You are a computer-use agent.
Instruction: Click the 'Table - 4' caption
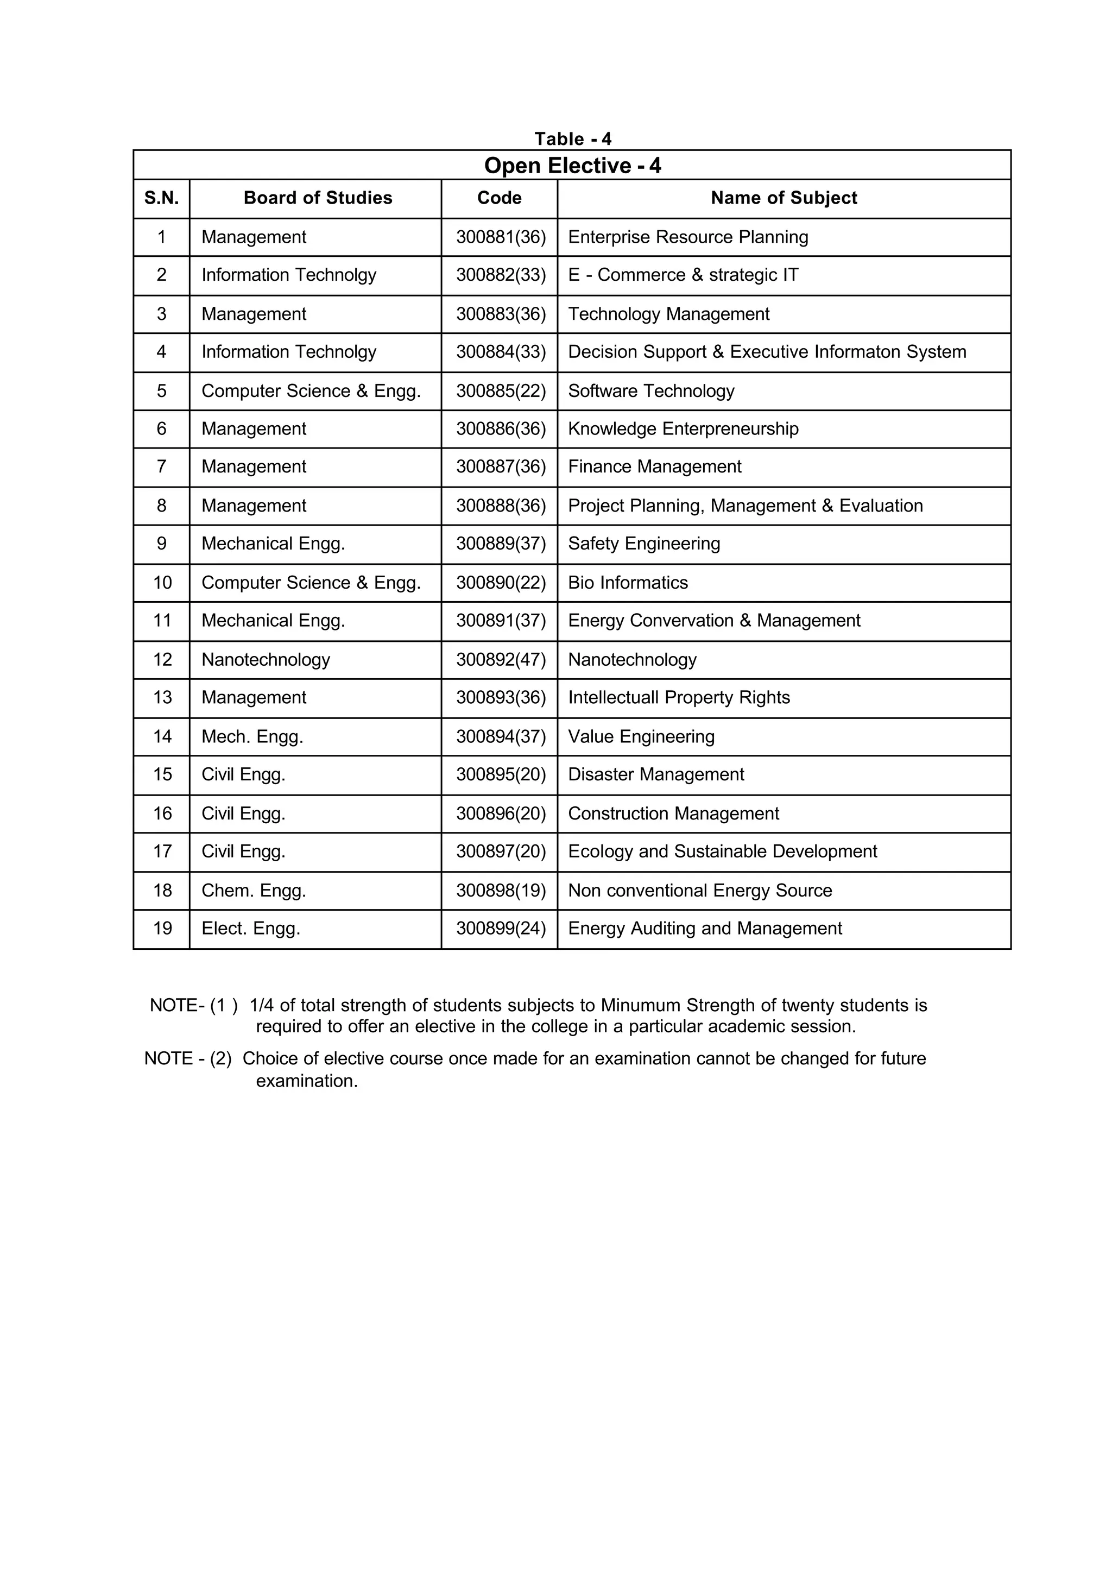click(x=572, y=139)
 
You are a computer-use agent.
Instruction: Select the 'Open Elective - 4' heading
click(x=572, y=166)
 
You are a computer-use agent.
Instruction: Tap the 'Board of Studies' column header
click(x=318, y=198)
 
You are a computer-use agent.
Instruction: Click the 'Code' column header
click(x=499, y=198)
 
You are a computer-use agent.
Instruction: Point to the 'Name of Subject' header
click(x=784, y=198)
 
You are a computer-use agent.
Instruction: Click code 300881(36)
click(x=501, y=237)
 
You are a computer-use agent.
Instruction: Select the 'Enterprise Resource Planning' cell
click(x=687, y=237)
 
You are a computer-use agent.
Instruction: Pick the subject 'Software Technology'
click(x=650, y=391)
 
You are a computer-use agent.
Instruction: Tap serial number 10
click(x=162, y=583)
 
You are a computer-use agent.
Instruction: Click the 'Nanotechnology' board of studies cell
click(x=266, y=659)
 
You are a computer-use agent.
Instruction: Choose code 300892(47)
click(x=501, y=659)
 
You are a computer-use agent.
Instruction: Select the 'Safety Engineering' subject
click(x=643, y=544)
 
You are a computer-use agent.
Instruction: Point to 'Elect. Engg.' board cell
click(x=251, y=929)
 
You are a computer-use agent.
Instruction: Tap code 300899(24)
click(x=501, y=929)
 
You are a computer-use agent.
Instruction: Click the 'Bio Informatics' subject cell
click(x=628, y=583)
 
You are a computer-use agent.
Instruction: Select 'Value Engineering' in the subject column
click(x=641, y=737)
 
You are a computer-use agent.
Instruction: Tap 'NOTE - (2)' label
click(x=188, y=1059)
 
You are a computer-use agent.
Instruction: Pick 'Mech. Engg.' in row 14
click(x=252, y=737)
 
